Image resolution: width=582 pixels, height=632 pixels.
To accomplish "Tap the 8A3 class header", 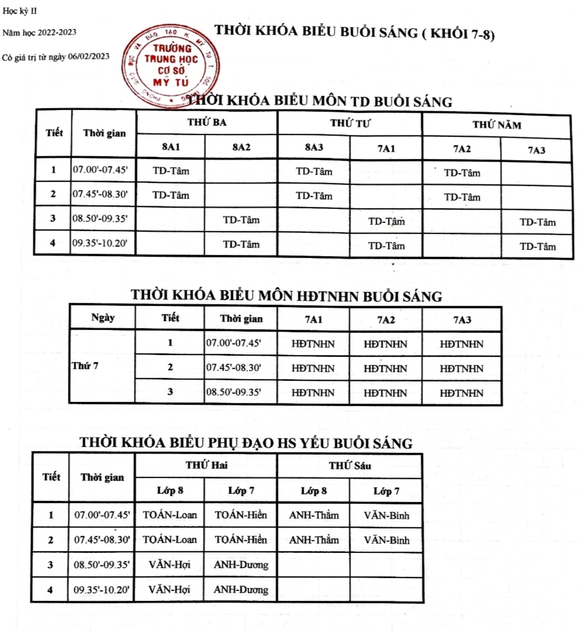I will pyautogui.click(x=314, y=148).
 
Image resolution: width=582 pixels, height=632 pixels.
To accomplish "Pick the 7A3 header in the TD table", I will pyautogui.click(x=536, y=150).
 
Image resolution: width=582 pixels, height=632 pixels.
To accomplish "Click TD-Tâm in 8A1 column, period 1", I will pyautogui.click(x=171, y=171).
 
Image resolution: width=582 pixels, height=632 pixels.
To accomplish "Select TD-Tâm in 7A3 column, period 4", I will pyautogui.click(x=538, y=246).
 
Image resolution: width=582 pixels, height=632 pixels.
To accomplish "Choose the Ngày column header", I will pyautogui.click(x=103, y=318).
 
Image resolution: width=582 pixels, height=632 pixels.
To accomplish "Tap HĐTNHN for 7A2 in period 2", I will pyautogui.click(x=385, y=369).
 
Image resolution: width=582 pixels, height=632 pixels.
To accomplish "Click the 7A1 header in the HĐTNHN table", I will pyautogui.click(x=314, y=320).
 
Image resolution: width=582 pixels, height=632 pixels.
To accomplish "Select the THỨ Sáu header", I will pyautogui.click(x=349, y=466).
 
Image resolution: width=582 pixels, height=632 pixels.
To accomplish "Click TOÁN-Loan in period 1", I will pyautogui.click(x=170, y=516).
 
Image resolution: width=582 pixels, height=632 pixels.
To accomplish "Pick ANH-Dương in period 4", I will pyautogui.click(x=240, y=589).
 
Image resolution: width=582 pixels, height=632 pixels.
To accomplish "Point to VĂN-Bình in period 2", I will pyautogui.click(x=386, y=540).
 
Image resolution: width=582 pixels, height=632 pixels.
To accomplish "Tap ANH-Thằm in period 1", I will pyautogui.click(x=314, y=516).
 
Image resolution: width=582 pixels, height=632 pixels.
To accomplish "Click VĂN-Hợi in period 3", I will pyautogui.click(x=170, y=565).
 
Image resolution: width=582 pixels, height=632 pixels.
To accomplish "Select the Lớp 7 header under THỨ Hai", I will pyautogui.click(x=240, y=490).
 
